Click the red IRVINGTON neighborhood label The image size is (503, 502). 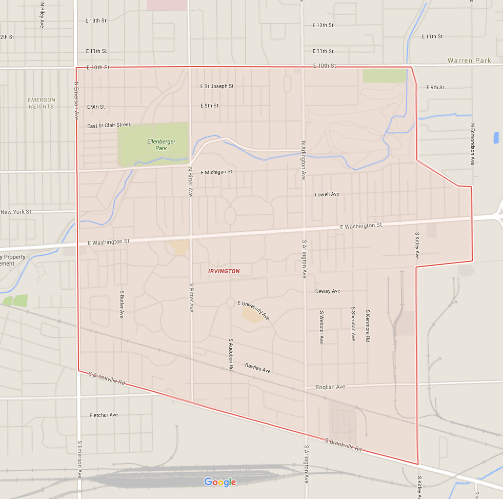click(x=224, y=271)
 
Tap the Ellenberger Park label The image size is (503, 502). click(x=158, y=144)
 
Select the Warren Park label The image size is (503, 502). click(x=469, y=61)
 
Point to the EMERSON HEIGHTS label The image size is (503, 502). click(x=41, y=103)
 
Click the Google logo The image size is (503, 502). click(x=220, y=482)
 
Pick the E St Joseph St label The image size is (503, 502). click(x=217, y=86)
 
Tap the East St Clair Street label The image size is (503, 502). click(x=109, y=125)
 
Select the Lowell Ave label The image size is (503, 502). click(x=327, y=194)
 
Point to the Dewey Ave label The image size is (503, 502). click(x=328, y=291)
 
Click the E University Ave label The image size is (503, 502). click(x=253, y=310)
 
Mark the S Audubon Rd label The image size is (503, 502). click(x=231, y=354)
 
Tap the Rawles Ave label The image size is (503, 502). click(x=257, y=368)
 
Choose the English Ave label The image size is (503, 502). click(x=330, y=387)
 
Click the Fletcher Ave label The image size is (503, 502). click(x=104, y=415)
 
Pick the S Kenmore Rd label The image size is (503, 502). click(x=368, y=326)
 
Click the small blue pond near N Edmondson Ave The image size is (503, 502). click(x=496, y=137)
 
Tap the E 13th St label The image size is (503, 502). click(x=96, y=21)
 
